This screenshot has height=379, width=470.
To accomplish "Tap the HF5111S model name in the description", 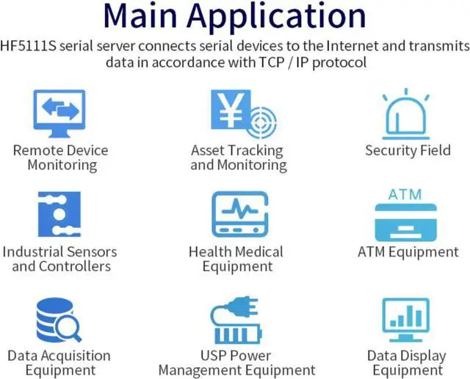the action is [35, 47].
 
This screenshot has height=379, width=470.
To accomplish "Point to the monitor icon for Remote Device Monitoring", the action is [60, 113].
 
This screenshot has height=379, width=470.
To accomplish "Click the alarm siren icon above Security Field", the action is [408, 113].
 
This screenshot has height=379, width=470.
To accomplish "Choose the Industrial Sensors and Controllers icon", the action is [59, 215].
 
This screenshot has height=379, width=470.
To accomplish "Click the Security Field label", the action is [407, 151].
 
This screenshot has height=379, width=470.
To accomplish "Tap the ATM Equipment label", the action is [408, 252].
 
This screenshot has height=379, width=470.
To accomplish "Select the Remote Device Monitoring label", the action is [60, 158].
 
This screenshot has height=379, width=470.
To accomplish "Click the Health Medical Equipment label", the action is [236, 259].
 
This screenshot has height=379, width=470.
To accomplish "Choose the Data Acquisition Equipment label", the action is [59, 363].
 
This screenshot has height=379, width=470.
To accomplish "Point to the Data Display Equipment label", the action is [407, 363].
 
